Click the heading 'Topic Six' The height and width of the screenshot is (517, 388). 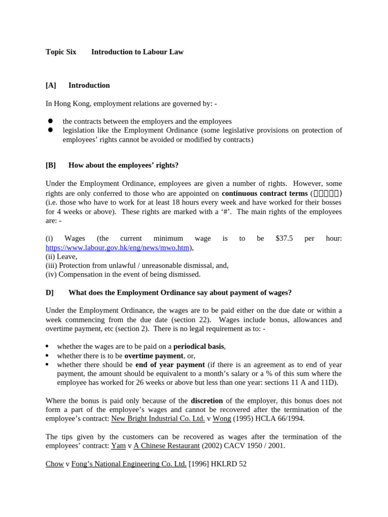tap(61, 52)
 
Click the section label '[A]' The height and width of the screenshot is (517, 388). tap(51, 85)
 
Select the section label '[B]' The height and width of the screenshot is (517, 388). tap(51, 165)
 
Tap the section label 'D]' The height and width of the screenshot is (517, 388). tap(50, 292)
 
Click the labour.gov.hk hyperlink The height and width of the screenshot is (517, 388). tap(117, 247)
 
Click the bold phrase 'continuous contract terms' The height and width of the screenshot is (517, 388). tap(265, 193)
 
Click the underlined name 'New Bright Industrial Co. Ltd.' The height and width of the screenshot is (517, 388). tap(158, 419)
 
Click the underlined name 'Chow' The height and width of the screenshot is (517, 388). tap(55, 464)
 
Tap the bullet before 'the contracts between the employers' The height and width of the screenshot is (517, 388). tap(51, 121)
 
